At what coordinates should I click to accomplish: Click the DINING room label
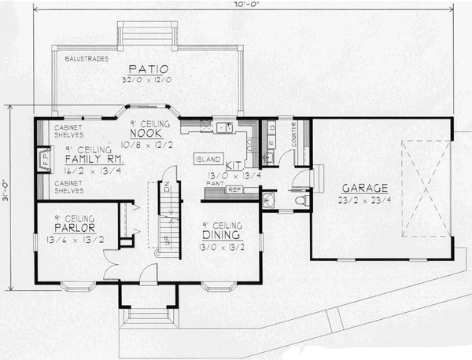click(222, 234)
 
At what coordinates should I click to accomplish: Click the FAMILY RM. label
click(92, 158)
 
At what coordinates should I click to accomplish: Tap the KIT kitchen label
click(233, 166)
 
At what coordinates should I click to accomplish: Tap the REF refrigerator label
click(234, 190)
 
